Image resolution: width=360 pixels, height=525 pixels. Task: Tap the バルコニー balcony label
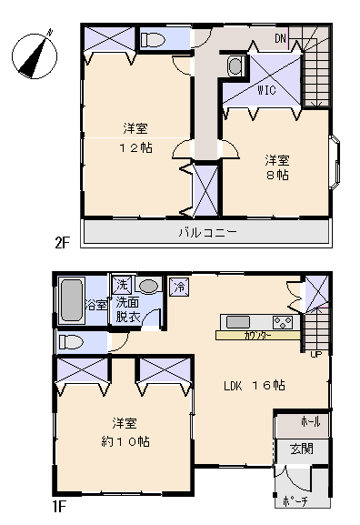pos(206,233)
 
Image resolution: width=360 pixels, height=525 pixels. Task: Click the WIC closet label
pos(266,90)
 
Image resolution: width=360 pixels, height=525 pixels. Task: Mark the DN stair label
pos(282,38)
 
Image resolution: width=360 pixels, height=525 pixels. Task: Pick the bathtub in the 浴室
pos(70,298)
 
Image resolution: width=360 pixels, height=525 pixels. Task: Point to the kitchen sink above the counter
pos(238,321)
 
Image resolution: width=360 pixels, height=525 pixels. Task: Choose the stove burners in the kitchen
pos(282,321)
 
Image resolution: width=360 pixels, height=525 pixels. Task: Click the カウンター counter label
pos(255,336)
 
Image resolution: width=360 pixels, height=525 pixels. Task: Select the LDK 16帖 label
pos(255,385)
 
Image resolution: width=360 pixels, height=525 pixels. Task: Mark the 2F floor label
pos(62,242)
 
